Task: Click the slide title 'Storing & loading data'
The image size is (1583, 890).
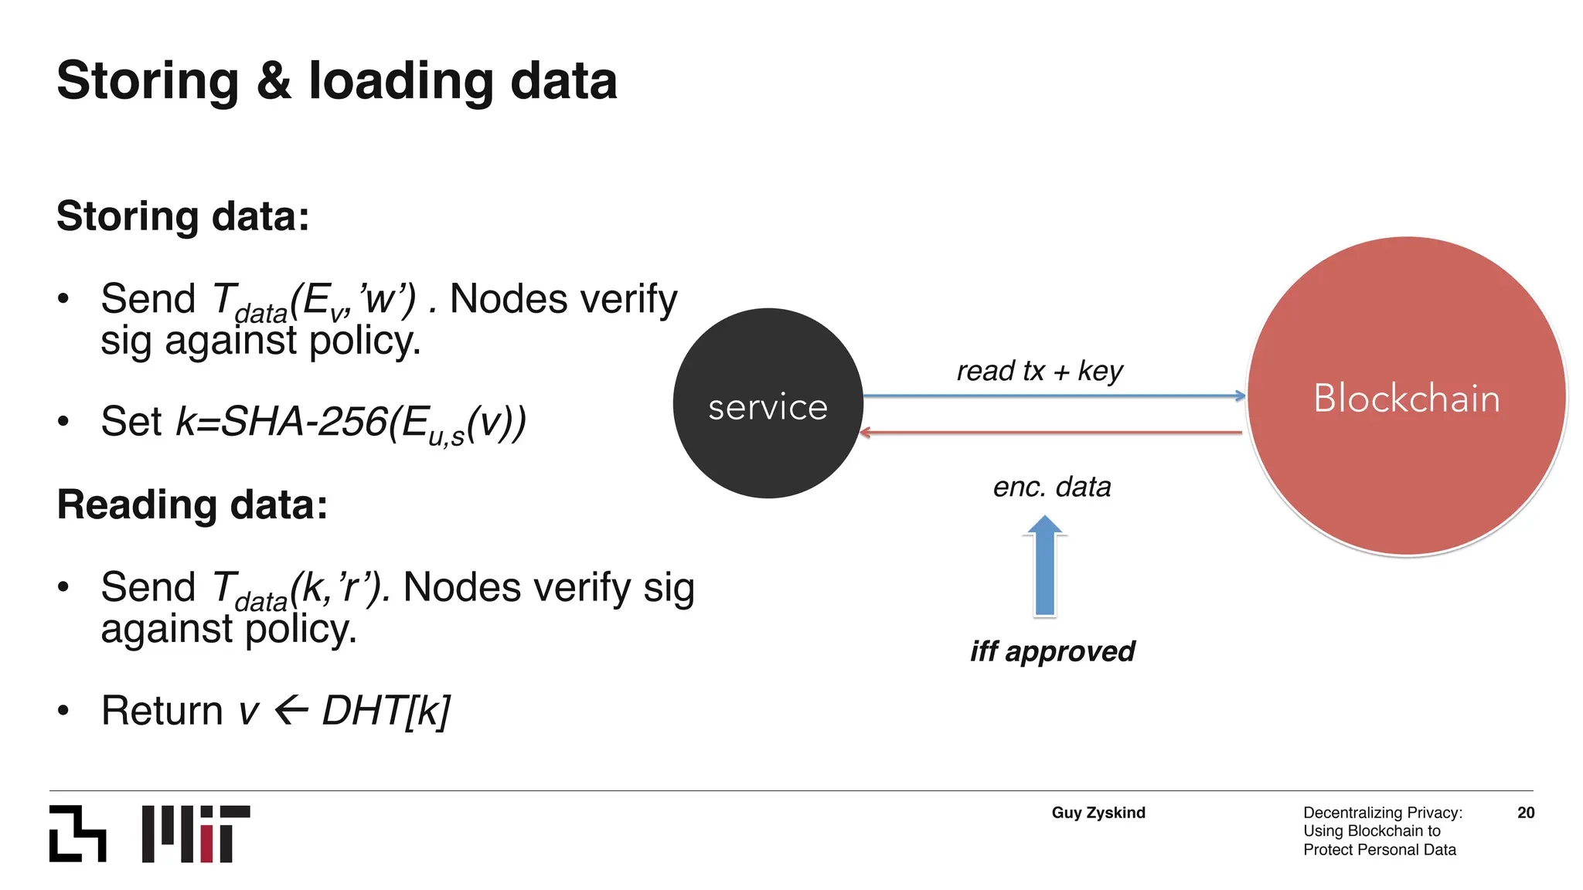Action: [x=337, y=81]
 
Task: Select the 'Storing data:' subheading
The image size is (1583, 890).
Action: [x=183, y=216]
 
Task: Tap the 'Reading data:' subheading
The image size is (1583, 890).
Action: [x=192, y=505]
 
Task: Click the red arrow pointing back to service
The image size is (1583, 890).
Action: [x=1051, y=433]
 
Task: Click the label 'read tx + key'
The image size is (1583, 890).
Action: [x=1039, y=372]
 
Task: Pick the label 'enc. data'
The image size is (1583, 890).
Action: [x=1051, y=487]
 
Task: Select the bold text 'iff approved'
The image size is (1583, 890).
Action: [x=1052, y=651]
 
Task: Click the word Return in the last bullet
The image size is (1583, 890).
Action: [x=162, y=711]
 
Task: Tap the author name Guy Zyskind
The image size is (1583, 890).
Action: [x=1098, y=813]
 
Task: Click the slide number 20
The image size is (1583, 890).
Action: [x=1525, y=813]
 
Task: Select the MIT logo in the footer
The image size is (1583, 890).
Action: [x=196, y=834]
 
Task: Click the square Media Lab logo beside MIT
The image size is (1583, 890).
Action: [x=77, y=834]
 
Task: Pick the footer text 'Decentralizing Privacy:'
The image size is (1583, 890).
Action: [x=1382, y=813]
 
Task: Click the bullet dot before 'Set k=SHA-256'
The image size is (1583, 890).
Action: [x=63, y=422]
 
